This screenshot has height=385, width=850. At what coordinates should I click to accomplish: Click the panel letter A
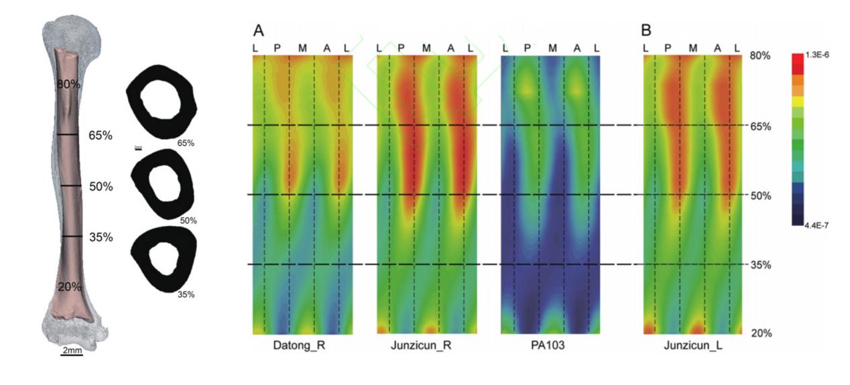pos(259,30)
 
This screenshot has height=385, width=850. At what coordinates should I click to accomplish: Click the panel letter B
pos(646,30)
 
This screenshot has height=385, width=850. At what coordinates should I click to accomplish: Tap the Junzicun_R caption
pos(426,346)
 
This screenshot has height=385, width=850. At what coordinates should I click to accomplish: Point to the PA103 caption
pos(550,346)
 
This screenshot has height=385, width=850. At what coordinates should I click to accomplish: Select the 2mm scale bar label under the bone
pos(71,350)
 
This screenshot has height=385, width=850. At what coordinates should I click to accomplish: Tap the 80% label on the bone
pos(69,84)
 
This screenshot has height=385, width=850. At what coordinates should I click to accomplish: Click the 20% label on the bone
pos(69,286)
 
